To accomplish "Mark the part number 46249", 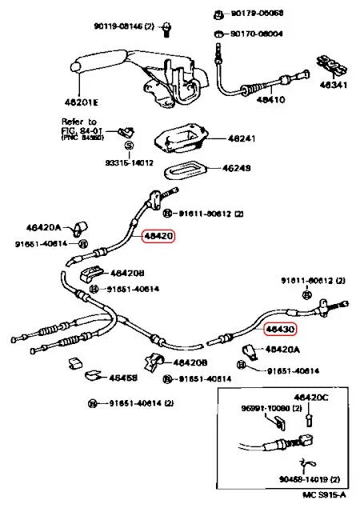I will click(x=237, y=169).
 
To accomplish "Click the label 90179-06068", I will click(x=257, y=14).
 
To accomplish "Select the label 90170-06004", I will click(x=257, y=34).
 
